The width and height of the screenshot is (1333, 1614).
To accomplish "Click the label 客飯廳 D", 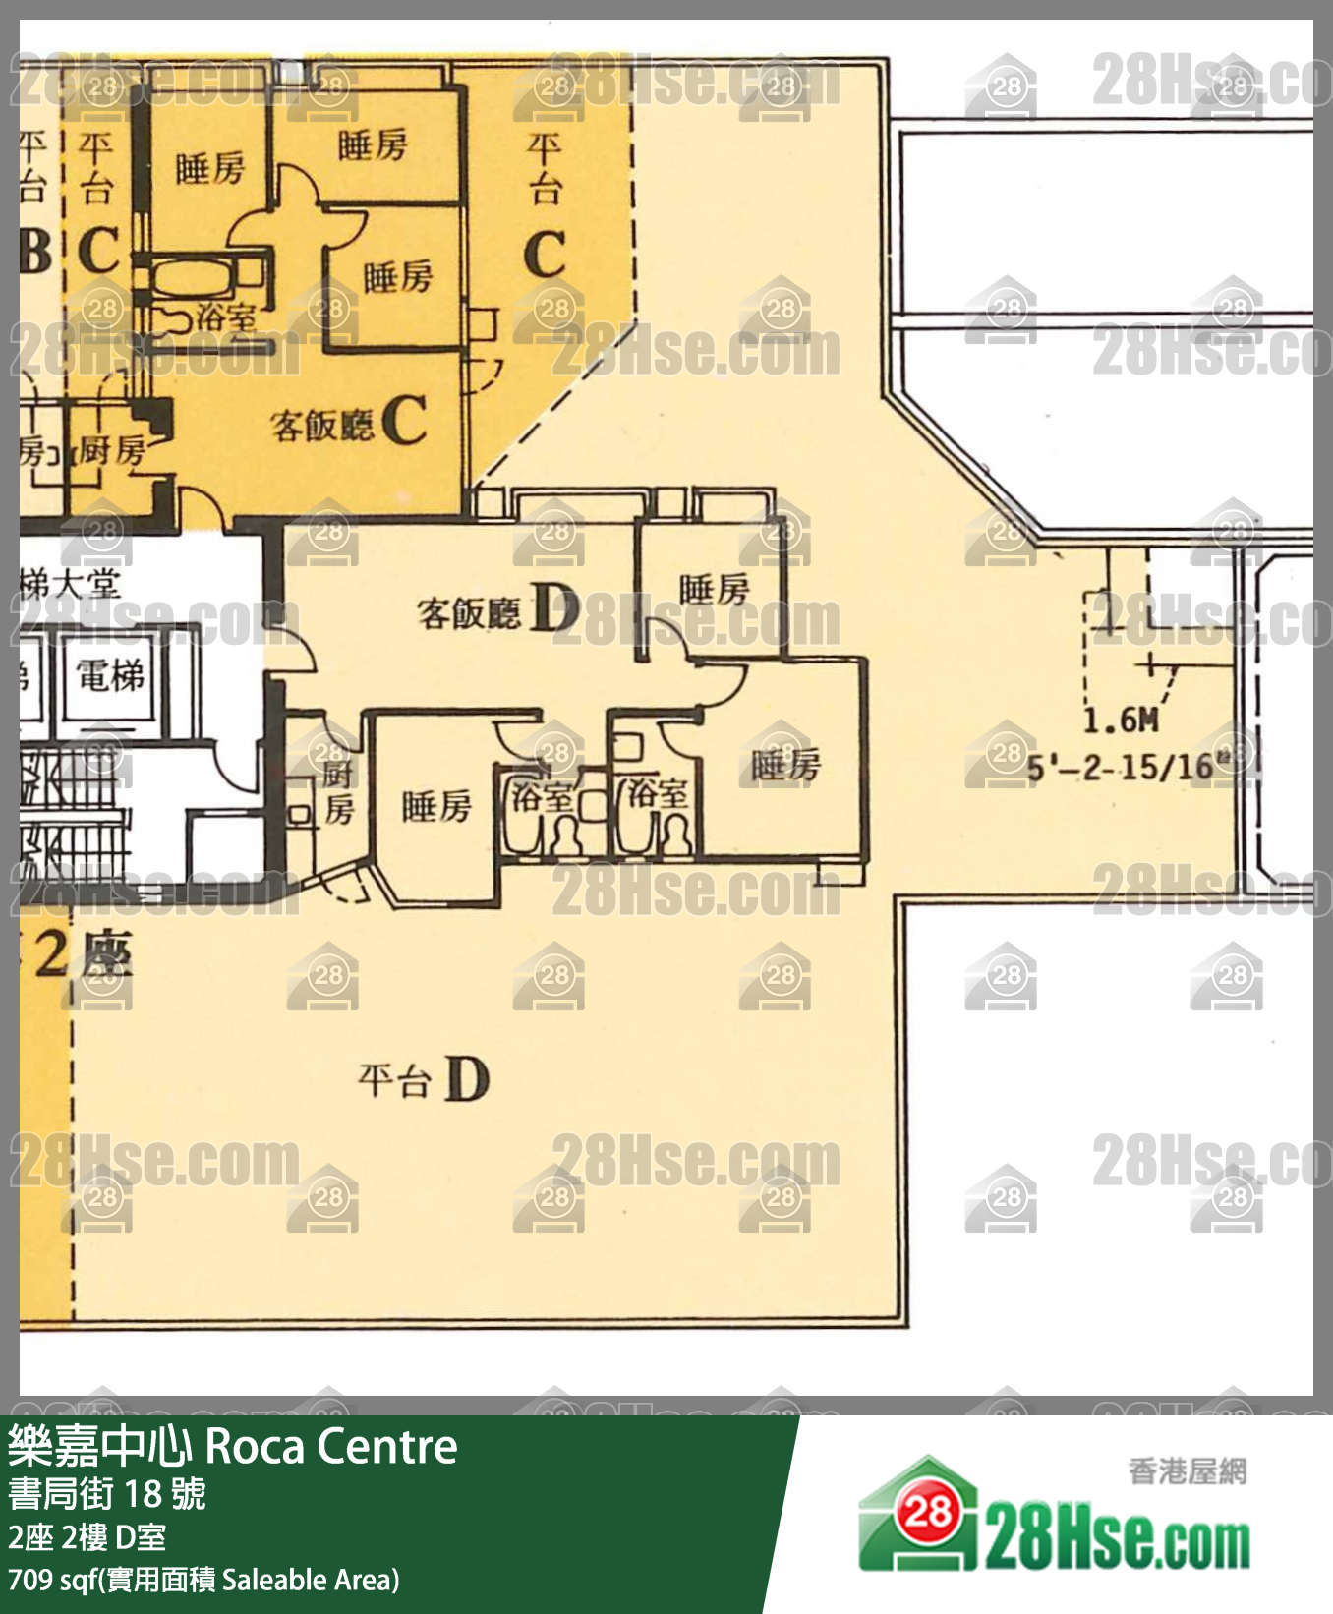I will pos(497,611).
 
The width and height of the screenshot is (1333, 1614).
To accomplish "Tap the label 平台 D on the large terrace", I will pos(424,1079).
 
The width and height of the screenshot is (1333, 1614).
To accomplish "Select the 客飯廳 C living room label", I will pos(348,423).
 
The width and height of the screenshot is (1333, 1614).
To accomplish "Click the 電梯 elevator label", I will pos(110,676).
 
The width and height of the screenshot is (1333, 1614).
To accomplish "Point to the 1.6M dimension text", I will pos(1121,721).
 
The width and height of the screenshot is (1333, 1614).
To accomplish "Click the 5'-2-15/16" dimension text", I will pos(1130,767).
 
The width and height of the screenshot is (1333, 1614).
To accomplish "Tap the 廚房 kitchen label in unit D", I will pos(338,792).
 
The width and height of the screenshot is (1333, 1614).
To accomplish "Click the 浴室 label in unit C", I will pos(225,317).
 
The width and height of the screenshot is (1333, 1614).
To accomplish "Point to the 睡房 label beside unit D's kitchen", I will pos(436,807).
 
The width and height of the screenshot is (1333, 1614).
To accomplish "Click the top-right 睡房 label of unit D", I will pos(714,591).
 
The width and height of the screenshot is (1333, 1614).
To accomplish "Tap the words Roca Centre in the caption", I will pos(331,1447).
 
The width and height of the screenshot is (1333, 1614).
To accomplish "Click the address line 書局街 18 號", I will pos(107,1494).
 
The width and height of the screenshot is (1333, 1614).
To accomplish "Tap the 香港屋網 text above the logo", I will pos(1187,1470).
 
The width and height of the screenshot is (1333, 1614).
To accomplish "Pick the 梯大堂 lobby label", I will pos(69,586).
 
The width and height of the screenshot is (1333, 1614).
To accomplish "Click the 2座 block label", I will pos(84,953).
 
